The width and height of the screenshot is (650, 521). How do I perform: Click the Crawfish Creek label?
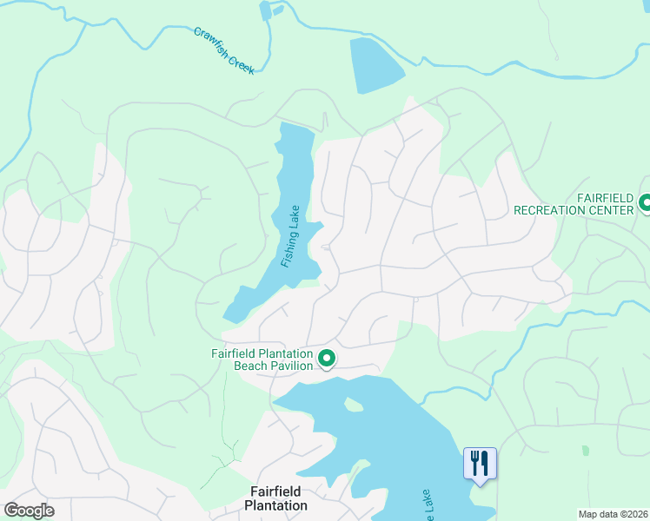(224, 50)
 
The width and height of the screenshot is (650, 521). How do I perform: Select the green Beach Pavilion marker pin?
(328, 358)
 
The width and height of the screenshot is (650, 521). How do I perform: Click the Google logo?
(29, 511)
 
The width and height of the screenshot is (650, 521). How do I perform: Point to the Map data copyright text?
(613, 514)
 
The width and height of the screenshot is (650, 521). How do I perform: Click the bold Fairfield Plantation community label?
(275, 498)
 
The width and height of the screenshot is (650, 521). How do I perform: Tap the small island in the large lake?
(352, 404)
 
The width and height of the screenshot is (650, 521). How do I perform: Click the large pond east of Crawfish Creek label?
(375, 65)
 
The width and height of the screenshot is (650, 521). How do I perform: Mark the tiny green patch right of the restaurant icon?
(585, 451)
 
